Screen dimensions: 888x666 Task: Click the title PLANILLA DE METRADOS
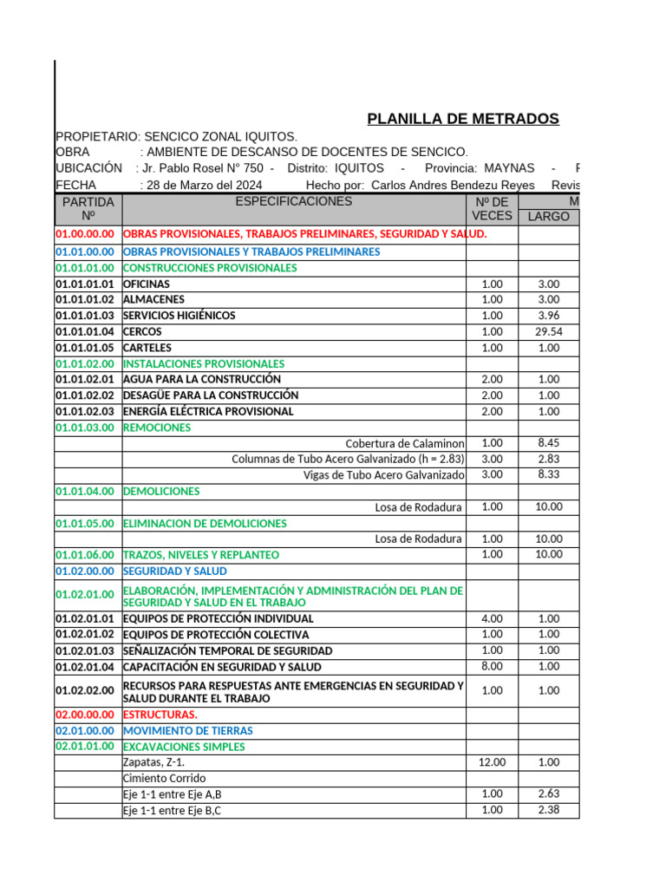pyautogui.click(x=463, y=119)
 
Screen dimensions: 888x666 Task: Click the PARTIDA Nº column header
pyautogui.click(x=88, y=209)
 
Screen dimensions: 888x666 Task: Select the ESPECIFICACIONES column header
pyautogui.click(x=294, y=201)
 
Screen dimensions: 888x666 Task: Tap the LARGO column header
pyautogui.click(x=549, y=216)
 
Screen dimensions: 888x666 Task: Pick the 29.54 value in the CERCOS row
pyautogui.click(x=549, y=331)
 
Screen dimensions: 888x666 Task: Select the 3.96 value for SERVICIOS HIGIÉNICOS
pyautogui.click(x=549, y=316)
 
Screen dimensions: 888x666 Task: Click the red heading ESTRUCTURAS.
pyautogui.click(x=160, y=715)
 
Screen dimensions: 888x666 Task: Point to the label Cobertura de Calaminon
pyautogui.click(x=405, y=443)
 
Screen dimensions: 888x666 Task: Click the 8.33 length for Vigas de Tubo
pyautogui.click(x=549, y=474)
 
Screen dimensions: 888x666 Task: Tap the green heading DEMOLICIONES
pyautogui.click(x=161, y=491)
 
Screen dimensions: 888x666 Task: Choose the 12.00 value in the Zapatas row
pyautogui.click(x=492, y=762)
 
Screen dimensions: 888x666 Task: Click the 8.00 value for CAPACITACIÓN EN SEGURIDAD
pyautogui.click(x=492, y=666)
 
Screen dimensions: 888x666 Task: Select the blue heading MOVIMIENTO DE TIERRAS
pyautogui.click(x=188, y=731)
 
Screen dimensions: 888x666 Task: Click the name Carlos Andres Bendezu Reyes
pyautogui.click(x=452, y=185)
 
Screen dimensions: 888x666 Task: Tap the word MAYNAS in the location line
pyautogui.click(x=510, y=167)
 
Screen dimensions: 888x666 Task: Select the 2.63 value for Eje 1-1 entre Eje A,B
pyautogui.click(x=549, y=793)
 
